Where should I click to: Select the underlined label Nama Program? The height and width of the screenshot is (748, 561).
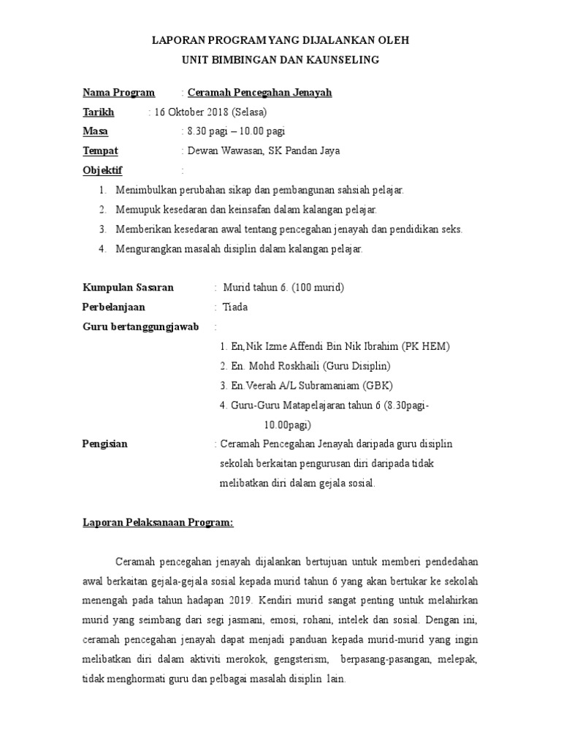(118, 93)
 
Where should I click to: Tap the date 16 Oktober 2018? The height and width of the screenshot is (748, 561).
(191, 112)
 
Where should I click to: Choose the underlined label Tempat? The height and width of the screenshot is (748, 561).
(100, 151)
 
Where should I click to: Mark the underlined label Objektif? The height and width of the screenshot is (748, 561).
(102, 171)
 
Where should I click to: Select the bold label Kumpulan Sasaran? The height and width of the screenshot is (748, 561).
(128, 287)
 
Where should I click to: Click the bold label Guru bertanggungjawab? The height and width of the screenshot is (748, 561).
(141, 327)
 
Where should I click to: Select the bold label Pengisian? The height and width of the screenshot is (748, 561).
(104, 443)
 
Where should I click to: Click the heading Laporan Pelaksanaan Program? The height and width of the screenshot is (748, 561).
(157, 522)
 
